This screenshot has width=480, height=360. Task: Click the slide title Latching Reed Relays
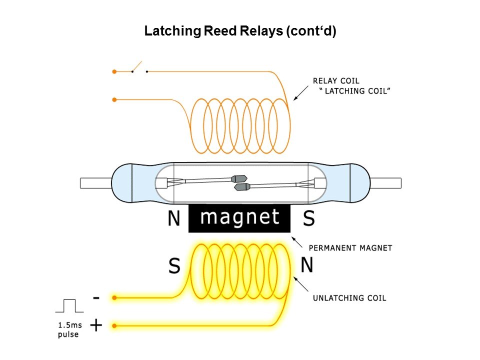(240, 31)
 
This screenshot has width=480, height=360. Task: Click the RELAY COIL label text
(335, 80)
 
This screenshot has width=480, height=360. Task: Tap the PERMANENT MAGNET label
(350, 247)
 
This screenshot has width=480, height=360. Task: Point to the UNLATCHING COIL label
(349, 298)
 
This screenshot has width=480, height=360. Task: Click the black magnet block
(239, 219)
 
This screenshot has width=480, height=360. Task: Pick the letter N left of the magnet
(173, 219)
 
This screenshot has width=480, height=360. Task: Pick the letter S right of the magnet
(309, 218)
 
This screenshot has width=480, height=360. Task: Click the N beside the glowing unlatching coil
(306, 265)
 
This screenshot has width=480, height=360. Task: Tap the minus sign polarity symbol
(96, 298)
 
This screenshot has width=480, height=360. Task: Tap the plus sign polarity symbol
(96, 326)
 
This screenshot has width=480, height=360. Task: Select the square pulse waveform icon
(69, 305)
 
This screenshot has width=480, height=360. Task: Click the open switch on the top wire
(139, 69)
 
